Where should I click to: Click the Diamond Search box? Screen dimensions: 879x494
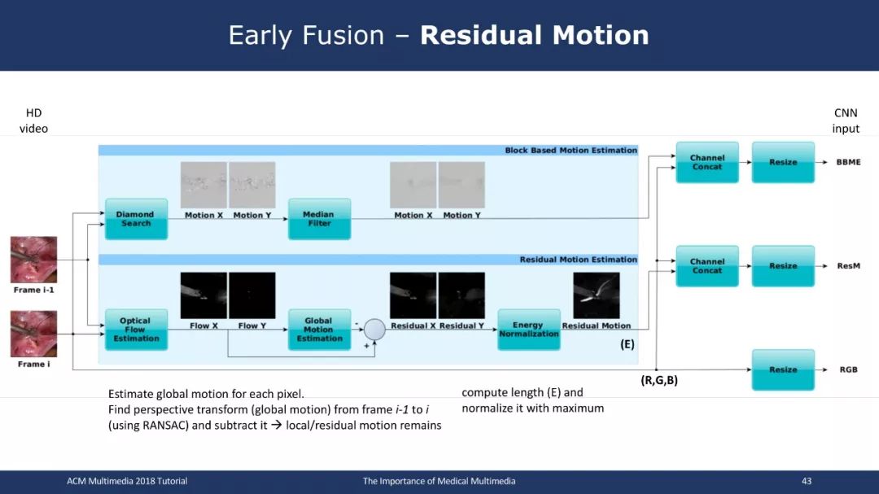[136, 219]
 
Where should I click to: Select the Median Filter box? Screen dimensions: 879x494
[320, 219]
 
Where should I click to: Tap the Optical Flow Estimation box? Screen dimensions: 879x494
[136, 330]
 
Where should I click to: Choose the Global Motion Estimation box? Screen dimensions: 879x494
[320, 330]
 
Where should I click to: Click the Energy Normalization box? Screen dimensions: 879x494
[529, 330]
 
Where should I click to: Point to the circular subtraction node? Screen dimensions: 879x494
[374, 329]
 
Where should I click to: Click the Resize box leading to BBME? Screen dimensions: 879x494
[783, 162]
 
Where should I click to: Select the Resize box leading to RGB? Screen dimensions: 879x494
[783, 369]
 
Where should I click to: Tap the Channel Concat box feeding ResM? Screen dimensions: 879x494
[707, 266]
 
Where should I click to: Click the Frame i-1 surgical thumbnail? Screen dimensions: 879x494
[33, 260]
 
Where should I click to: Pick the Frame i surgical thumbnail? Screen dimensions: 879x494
[33, 334]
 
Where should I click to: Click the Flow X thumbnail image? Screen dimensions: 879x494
[203, 295]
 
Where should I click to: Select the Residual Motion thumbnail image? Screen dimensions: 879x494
[597, 295]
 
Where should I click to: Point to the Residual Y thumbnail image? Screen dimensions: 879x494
[461, 295]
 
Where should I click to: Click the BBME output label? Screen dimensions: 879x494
[848, 162]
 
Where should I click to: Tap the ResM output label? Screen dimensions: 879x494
[848, 266]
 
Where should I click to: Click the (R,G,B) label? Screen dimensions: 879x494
[659, 380]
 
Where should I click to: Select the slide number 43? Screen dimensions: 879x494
[807, 481]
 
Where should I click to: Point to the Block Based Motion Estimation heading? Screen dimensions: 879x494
[571, 151]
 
